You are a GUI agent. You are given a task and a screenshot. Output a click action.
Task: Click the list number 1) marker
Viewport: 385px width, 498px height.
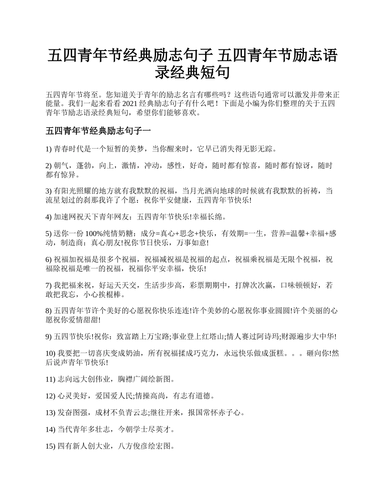tap(49, 149)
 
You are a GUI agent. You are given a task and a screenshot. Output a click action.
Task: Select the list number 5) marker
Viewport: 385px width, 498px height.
tap(49, 234)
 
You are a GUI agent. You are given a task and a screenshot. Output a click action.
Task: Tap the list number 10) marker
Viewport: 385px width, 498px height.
tap(50, 353)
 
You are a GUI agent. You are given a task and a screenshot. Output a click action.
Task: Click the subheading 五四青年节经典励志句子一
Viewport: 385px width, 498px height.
tap(98, 131)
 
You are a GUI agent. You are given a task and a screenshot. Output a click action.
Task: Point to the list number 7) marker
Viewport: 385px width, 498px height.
tap(49, 285)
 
